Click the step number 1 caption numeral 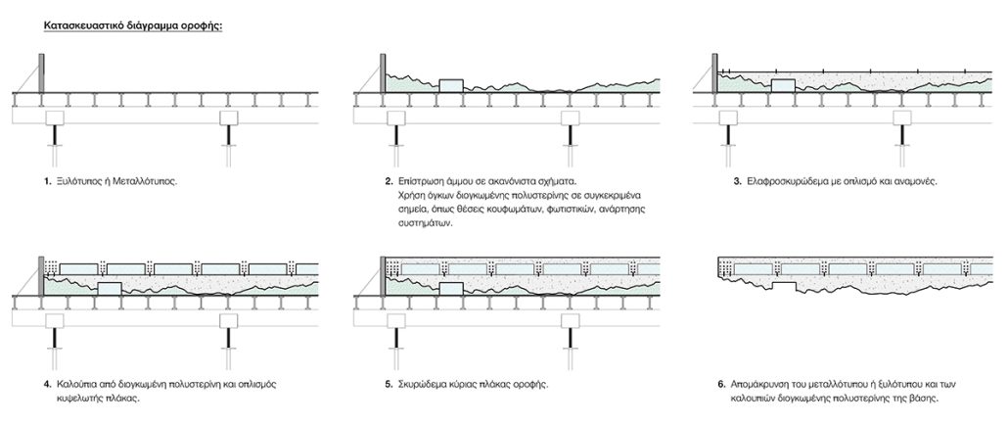(x=48, y=182)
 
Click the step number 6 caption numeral (x=721, y=385)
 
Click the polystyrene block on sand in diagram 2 (x=451, y=86)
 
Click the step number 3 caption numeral (x=721, y=182)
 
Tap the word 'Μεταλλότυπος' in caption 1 (x=151, y=182)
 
